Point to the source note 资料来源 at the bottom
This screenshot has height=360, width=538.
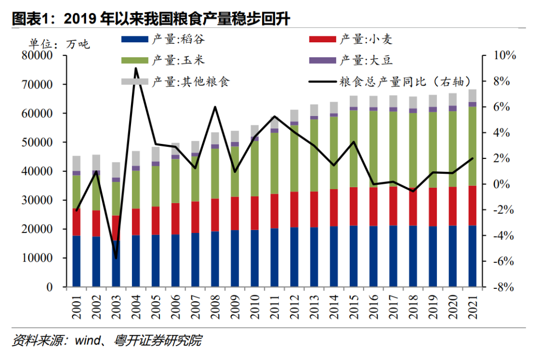click(x=107, y=341)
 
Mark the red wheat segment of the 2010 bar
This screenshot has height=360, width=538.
click(x=255, y=213)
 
